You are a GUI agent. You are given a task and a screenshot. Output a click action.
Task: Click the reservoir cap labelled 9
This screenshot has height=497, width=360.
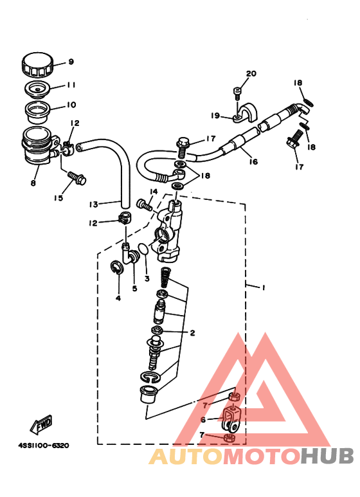(x=37, y=66)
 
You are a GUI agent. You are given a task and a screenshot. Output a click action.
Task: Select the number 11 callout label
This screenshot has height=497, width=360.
(x=71, y=86)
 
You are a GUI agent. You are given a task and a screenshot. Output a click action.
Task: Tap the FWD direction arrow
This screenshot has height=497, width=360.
(x=41, y=424)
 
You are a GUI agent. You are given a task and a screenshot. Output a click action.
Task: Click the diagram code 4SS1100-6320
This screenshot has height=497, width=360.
(x=44, y=446)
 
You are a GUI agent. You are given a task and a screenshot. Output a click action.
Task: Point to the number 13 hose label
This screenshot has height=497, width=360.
(x=93, y=204)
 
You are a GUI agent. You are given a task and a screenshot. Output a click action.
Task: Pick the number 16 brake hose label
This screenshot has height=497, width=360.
(x=253, y=162)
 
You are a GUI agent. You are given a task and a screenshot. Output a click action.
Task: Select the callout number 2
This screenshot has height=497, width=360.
(x=192, y=333)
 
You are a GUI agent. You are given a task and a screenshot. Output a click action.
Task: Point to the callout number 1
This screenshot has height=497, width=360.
(x=264, y=287)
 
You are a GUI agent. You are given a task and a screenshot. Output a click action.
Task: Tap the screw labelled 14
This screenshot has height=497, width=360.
(x=145, y=204)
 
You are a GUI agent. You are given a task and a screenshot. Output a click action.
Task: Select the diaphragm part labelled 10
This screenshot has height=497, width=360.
(x=38, y=113)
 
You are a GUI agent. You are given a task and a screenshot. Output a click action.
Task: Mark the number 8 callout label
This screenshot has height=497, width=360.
(x=33, y=183)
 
